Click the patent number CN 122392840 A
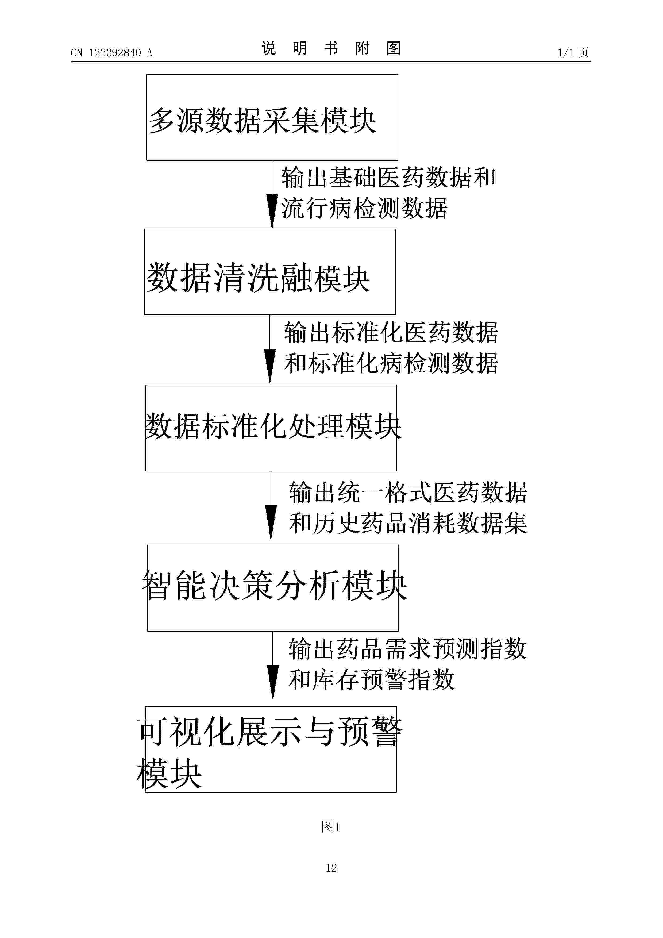click(111, 53)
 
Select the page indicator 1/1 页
click(573, 53)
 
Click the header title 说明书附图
click(331, 48)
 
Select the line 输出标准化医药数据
click(391, 332)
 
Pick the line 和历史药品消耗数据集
click(408, 523)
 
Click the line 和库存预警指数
click(371, 679)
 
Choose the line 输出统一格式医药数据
click(408, 492)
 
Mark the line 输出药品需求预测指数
click(407, 648)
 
